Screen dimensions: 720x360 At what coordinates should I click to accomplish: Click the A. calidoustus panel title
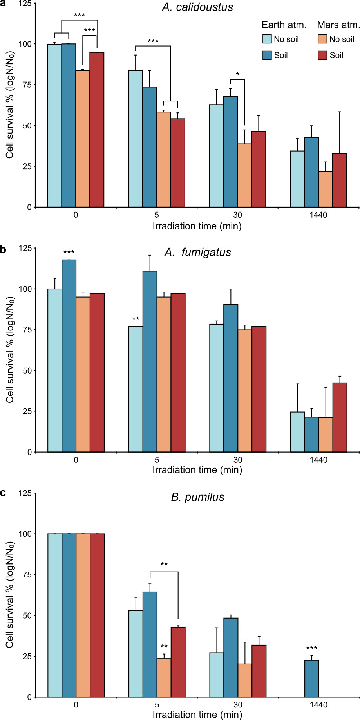point(197,7)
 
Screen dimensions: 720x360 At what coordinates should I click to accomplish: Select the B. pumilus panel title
point(197,497)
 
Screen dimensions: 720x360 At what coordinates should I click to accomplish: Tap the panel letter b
point(3,249)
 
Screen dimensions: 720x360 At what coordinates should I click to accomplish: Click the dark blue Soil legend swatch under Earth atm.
point(267,55)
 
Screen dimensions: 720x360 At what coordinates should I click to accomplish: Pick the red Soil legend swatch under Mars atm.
point(322,55)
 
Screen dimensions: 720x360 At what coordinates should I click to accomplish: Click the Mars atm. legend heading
point(338,25)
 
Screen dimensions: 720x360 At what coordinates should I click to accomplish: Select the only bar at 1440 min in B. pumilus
point(312,679)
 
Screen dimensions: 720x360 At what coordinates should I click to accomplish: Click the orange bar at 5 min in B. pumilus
point(164,678)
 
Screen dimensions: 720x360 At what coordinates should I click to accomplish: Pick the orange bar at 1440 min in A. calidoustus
point(326,189)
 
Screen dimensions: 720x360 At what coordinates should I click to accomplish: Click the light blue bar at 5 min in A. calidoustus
point(136,139)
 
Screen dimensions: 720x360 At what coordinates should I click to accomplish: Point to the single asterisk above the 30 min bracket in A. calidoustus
point(237,74)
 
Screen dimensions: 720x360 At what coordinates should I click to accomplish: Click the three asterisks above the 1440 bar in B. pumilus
point(312,648)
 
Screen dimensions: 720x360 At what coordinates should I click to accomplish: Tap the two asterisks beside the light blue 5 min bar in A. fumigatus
point(136,319)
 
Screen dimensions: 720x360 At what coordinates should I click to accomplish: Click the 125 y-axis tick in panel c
point(25,493)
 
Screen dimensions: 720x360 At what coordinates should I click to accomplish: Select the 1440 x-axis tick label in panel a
point(318,215)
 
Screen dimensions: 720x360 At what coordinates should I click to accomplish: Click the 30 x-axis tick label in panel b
point(237,460)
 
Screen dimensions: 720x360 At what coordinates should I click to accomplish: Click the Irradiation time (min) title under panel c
point(197,714)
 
